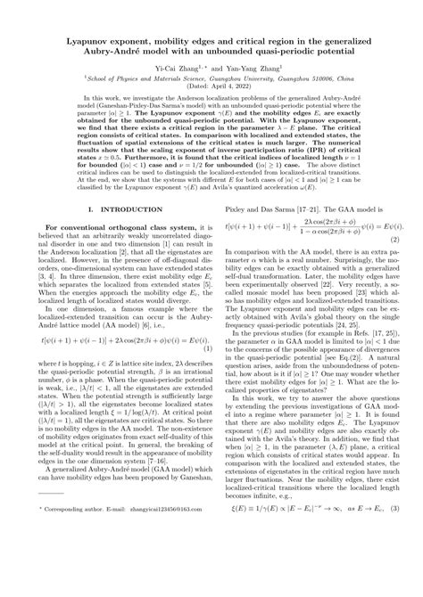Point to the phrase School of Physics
[x=104, y=78]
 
